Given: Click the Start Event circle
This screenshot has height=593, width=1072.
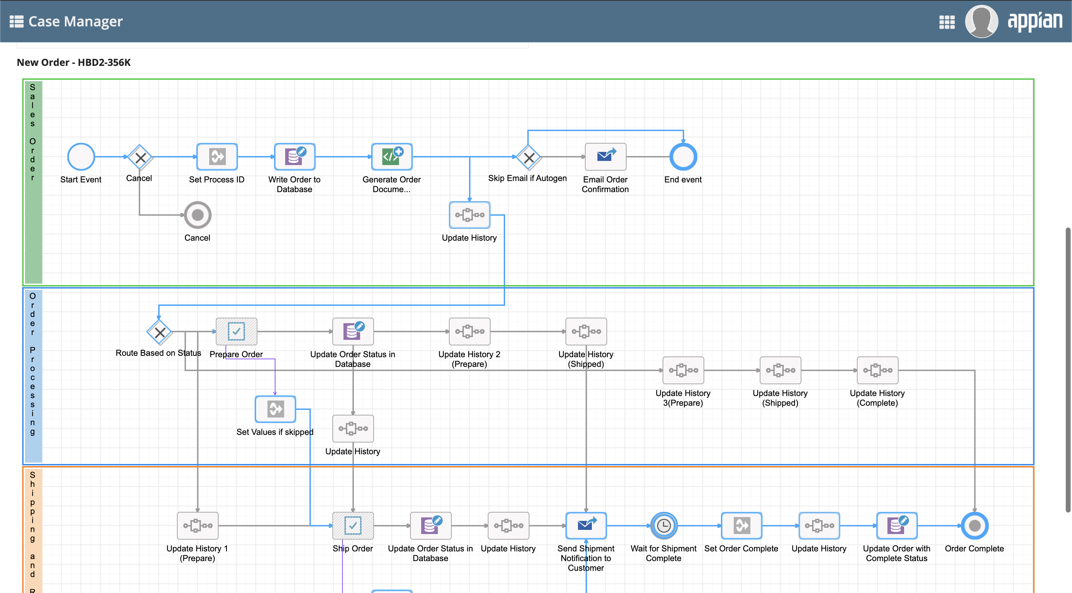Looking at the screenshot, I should (81, 157).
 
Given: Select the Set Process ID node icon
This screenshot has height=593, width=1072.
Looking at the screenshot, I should (217, 157).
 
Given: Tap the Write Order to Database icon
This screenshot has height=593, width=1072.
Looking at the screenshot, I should (295, 157).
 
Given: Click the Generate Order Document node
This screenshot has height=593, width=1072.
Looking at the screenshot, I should (392, 157).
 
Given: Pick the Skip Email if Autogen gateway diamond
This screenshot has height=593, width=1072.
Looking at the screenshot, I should (528, 157).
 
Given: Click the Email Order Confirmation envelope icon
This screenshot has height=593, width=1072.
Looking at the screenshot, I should (605, 157).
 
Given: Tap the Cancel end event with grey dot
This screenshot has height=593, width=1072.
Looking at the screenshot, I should (198, 215).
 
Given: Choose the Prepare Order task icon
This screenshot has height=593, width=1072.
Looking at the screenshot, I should (236, 332).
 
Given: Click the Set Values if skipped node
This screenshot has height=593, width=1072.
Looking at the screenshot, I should (275, 409).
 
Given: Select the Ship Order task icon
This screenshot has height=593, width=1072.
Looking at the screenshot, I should (353, 526).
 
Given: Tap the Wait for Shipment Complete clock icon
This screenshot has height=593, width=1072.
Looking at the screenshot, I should (664, 526).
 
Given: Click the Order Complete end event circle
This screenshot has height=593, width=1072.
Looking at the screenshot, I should (975, 526).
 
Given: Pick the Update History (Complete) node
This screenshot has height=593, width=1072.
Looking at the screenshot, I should (877, 370).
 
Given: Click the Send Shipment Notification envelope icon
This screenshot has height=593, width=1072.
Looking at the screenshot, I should (586, 526).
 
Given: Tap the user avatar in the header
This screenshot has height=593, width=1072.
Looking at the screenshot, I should (981, 22).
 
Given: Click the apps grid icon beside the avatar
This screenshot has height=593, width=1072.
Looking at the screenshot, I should (947, 22).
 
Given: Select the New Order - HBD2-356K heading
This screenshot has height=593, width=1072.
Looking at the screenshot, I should (74, 62).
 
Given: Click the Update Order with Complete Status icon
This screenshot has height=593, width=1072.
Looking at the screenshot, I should (897, 526).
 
